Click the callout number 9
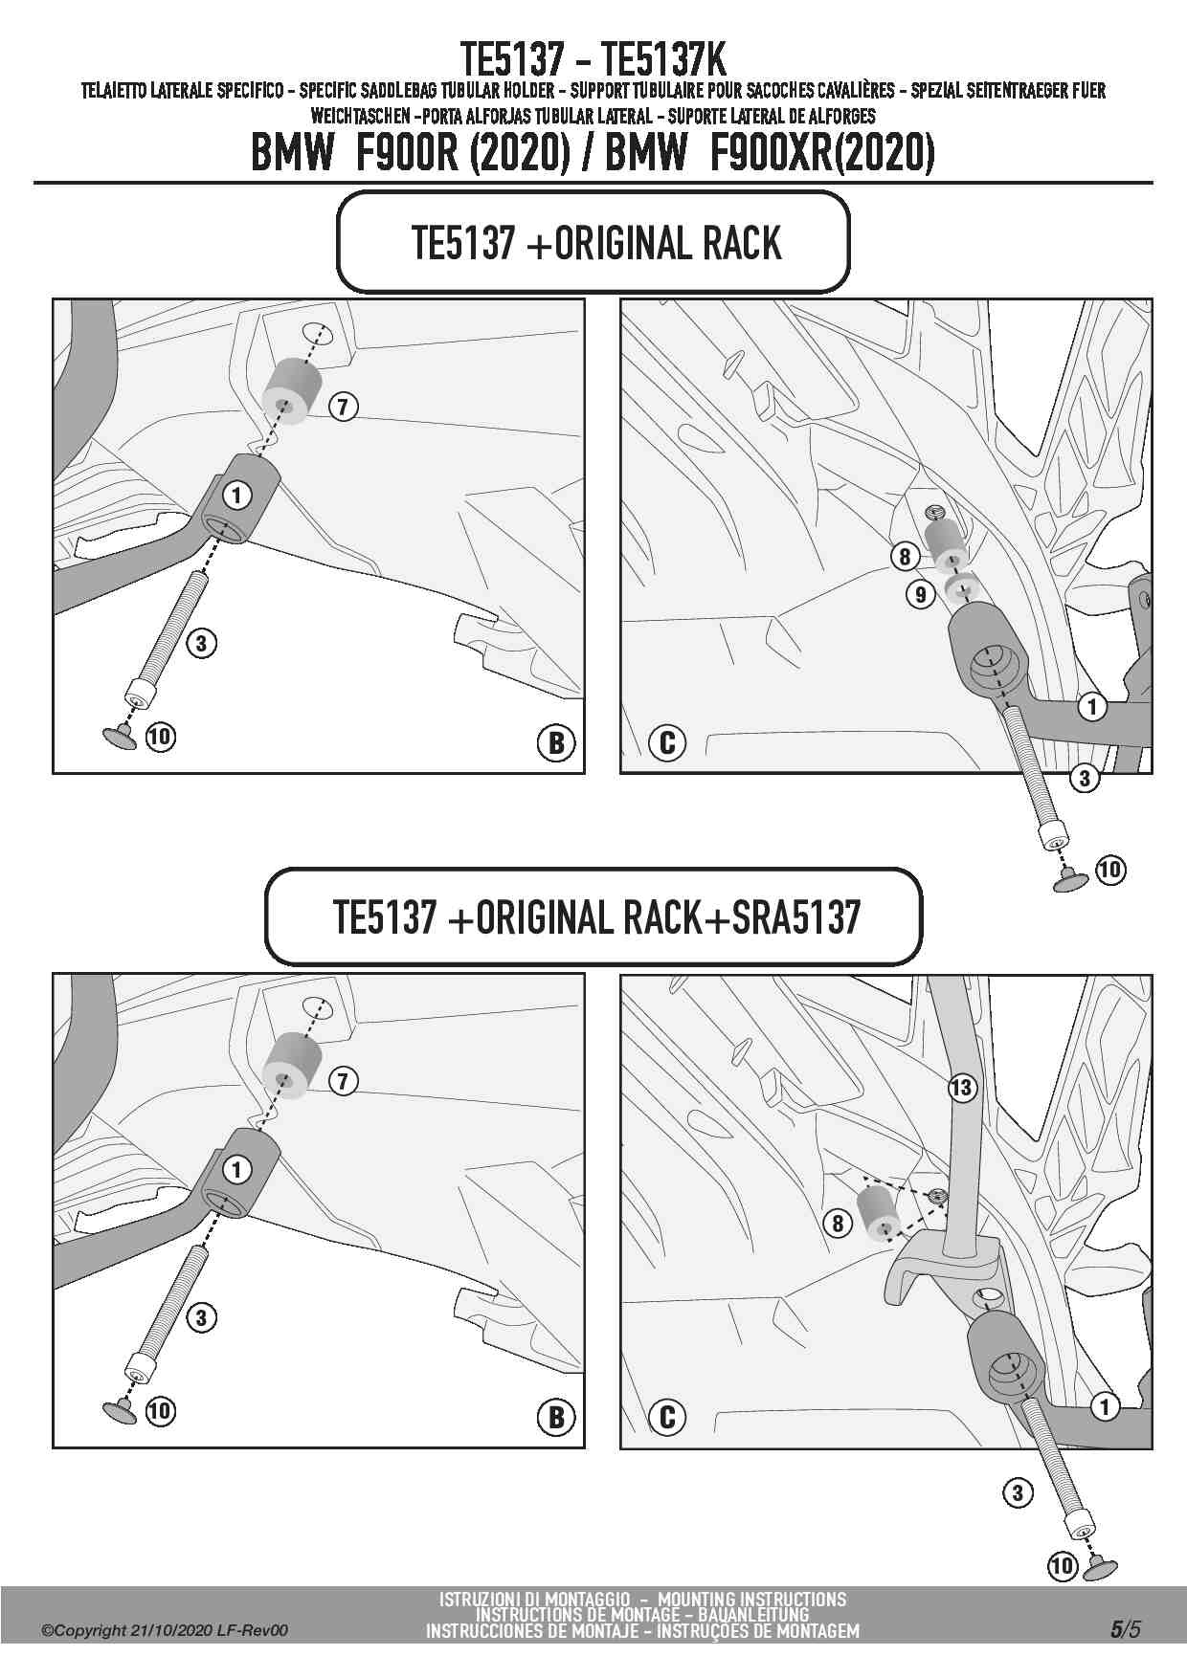pyautogui.click(x=920, y=594)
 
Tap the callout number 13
pyautogui.click(x=961, y=1087)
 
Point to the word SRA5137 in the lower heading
pyautogui.click(x=796, y=917)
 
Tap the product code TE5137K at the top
pyautogui.click(x=666, y=60)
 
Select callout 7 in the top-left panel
pyautogui.click(x=343, y=407)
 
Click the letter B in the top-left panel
pyautogui.click(x=556, y=743)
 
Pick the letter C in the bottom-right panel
pyautogui.click(x=667, y=1417)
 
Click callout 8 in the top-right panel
pyautogui.click(x=905, y=556)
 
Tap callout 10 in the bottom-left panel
pyautogui.click(x=160, y=1410)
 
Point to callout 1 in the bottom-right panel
pyautogui.click(x=1105, y=1406)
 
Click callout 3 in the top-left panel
pyautogui.click(x=201, y=643)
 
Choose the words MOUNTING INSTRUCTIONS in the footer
pyautogui.click(x=751, y=1599)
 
